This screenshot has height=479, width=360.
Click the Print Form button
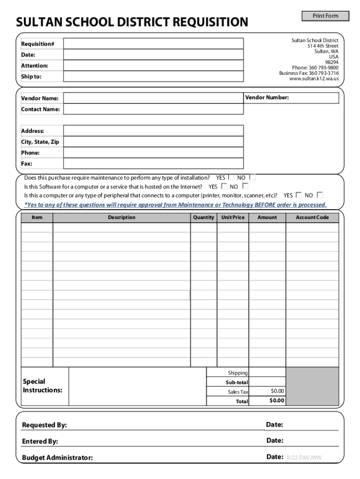click(x=325, y=16)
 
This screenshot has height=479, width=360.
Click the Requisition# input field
click(x=153, y=44)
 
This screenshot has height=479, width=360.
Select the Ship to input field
click(x=153, y=76)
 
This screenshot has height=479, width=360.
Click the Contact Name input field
click(x=153, y=109)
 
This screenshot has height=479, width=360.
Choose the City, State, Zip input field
click(x=153, y=142)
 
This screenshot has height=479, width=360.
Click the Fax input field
click(x=153, y=164)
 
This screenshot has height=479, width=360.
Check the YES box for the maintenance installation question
click(x=231, y=177)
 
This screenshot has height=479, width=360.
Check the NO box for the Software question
click(x=245, y=186)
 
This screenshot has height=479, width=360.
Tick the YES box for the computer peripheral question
click(x=299, y=195)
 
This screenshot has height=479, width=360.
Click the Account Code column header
click(x=312, y=218)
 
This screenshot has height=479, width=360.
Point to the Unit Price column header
click(x=233, y=218)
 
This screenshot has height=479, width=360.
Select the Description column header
click(x=122, y=218)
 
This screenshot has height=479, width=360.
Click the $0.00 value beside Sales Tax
click(x=277, y=391)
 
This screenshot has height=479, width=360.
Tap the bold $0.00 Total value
click(x=277, y=401)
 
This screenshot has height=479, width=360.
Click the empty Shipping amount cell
click(x=267, y=372)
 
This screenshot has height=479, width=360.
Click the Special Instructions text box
click(x=137, y=386)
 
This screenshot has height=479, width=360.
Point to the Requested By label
click(x=44, y=425)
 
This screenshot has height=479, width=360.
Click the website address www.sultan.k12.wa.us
click(x=314, y=79)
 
